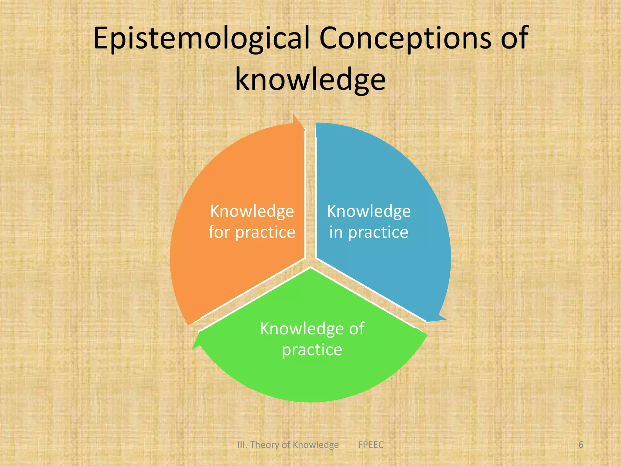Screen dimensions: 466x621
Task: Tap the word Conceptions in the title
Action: point(405,39)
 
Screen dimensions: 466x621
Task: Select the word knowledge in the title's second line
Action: point(310,79)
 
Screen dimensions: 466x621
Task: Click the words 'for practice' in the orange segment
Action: point(252,232)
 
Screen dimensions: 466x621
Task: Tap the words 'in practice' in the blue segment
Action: point(369,232)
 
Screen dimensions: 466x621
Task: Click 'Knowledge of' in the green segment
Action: point(312,329)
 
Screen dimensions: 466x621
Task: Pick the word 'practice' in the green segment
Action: point(312,350)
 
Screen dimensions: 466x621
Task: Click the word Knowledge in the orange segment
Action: point(252,211)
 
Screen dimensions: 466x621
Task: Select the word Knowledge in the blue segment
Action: point(369,211)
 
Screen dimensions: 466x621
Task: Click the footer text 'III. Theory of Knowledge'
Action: point(288,445)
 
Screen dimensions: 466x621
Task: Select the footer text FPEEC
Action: point(371,445)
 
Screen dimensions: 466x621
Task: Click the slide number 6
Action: point(581,445)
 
